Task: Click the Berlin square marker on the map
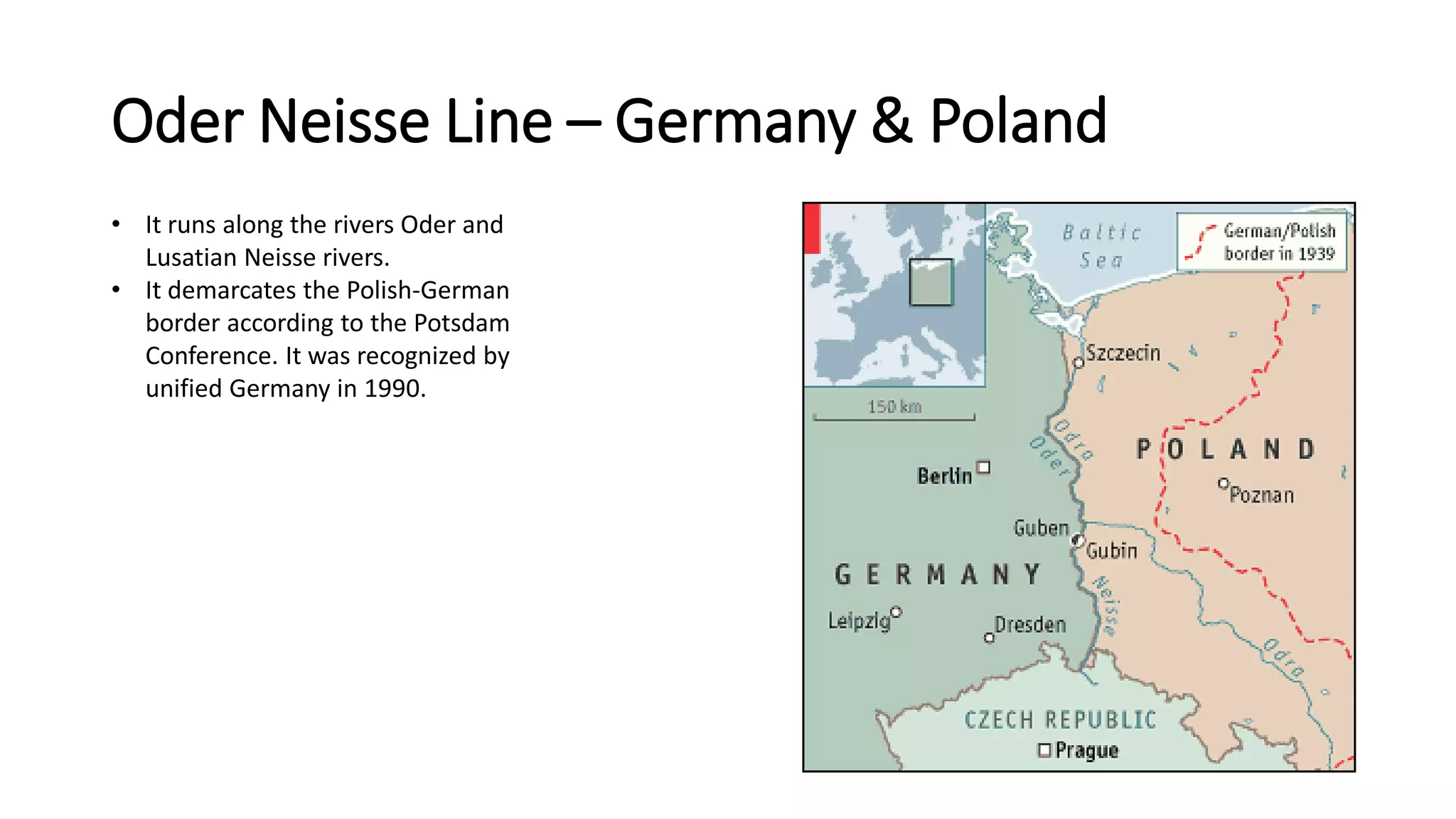(983, 467)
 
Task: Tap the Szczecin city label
(1123, 353)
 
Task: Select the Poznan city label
(1261, 495)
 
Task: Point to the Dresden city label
(1030, 625)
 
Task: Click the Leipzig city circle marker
(896, 611)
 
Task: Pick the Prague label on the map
(1086, 750)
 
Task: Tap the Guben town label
(1041, 528)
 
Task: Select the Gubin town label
(1111, 551)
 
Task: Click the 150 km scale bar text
(894, 407)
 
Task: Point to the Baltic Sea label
(1101, 246)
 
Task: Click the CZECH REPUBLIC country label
(1060, 720)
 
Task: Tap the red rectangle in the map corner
(812, 228)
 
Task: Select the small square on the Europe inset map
(931, 282)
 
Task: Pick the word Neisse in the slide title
(345, 122)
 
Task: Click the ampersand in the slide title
(892, 122)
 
